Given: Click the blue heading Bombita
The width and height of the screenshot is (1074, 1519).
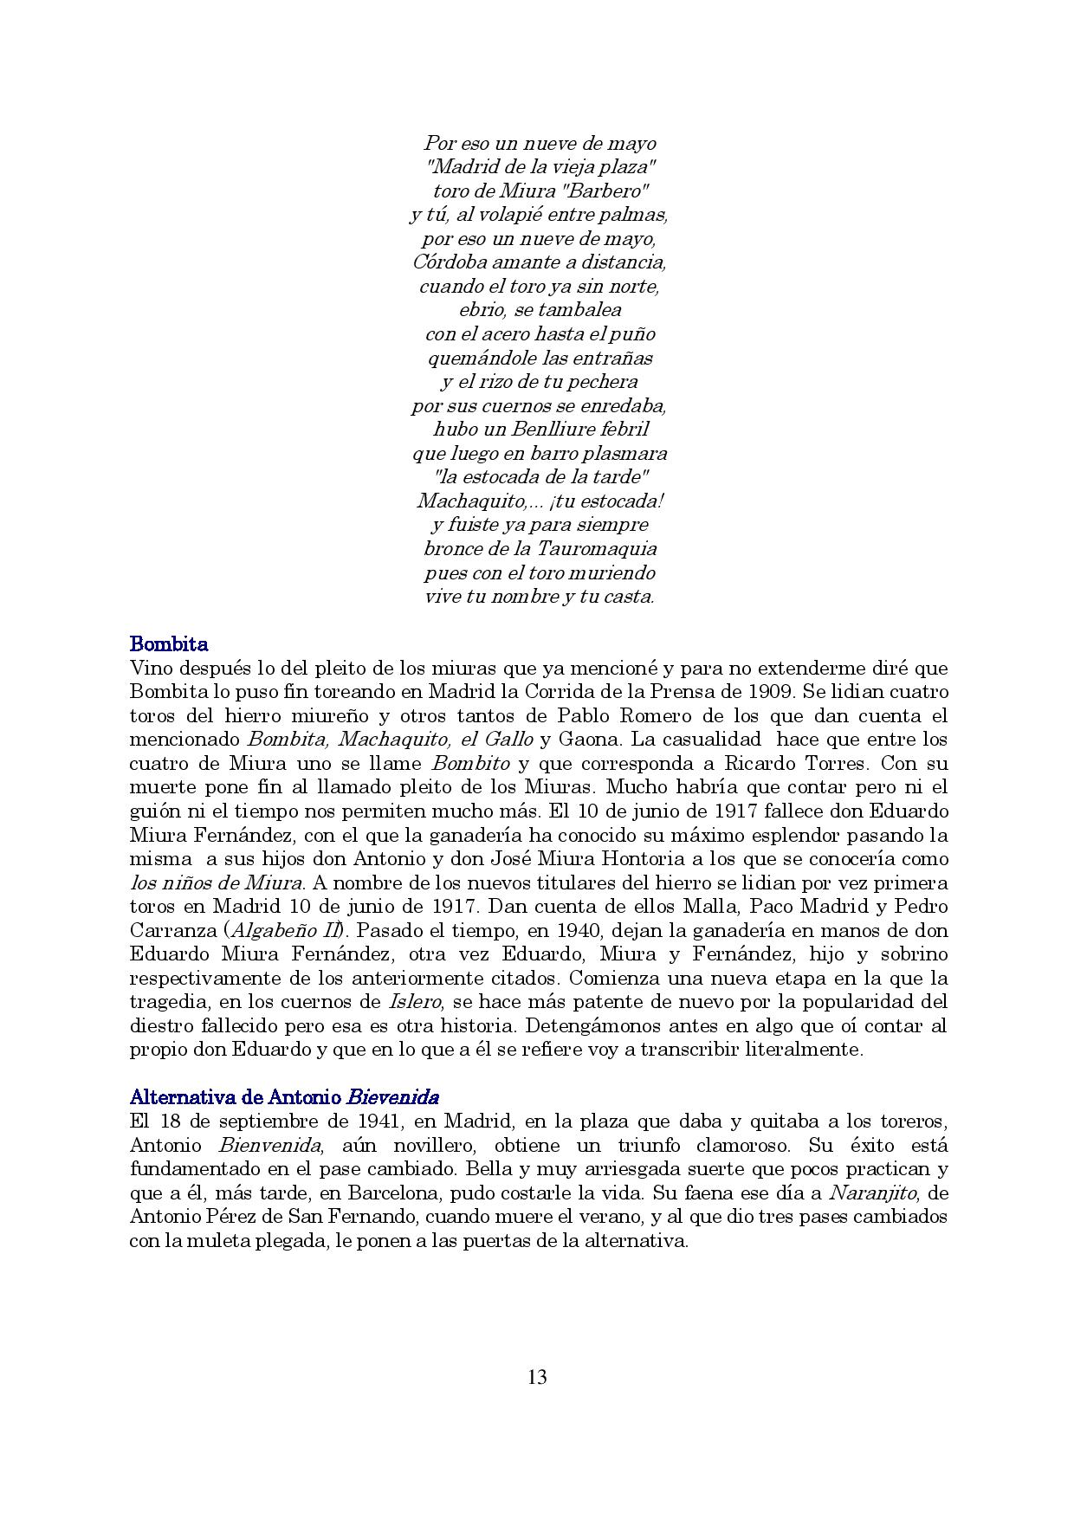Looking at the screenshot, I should (168, 644).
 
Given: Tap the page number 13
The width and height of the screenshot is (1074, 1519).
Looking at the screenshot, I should (536, 1377).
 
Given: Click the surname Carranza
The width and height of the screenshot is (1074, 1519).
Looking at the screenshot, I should (171, 930).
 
